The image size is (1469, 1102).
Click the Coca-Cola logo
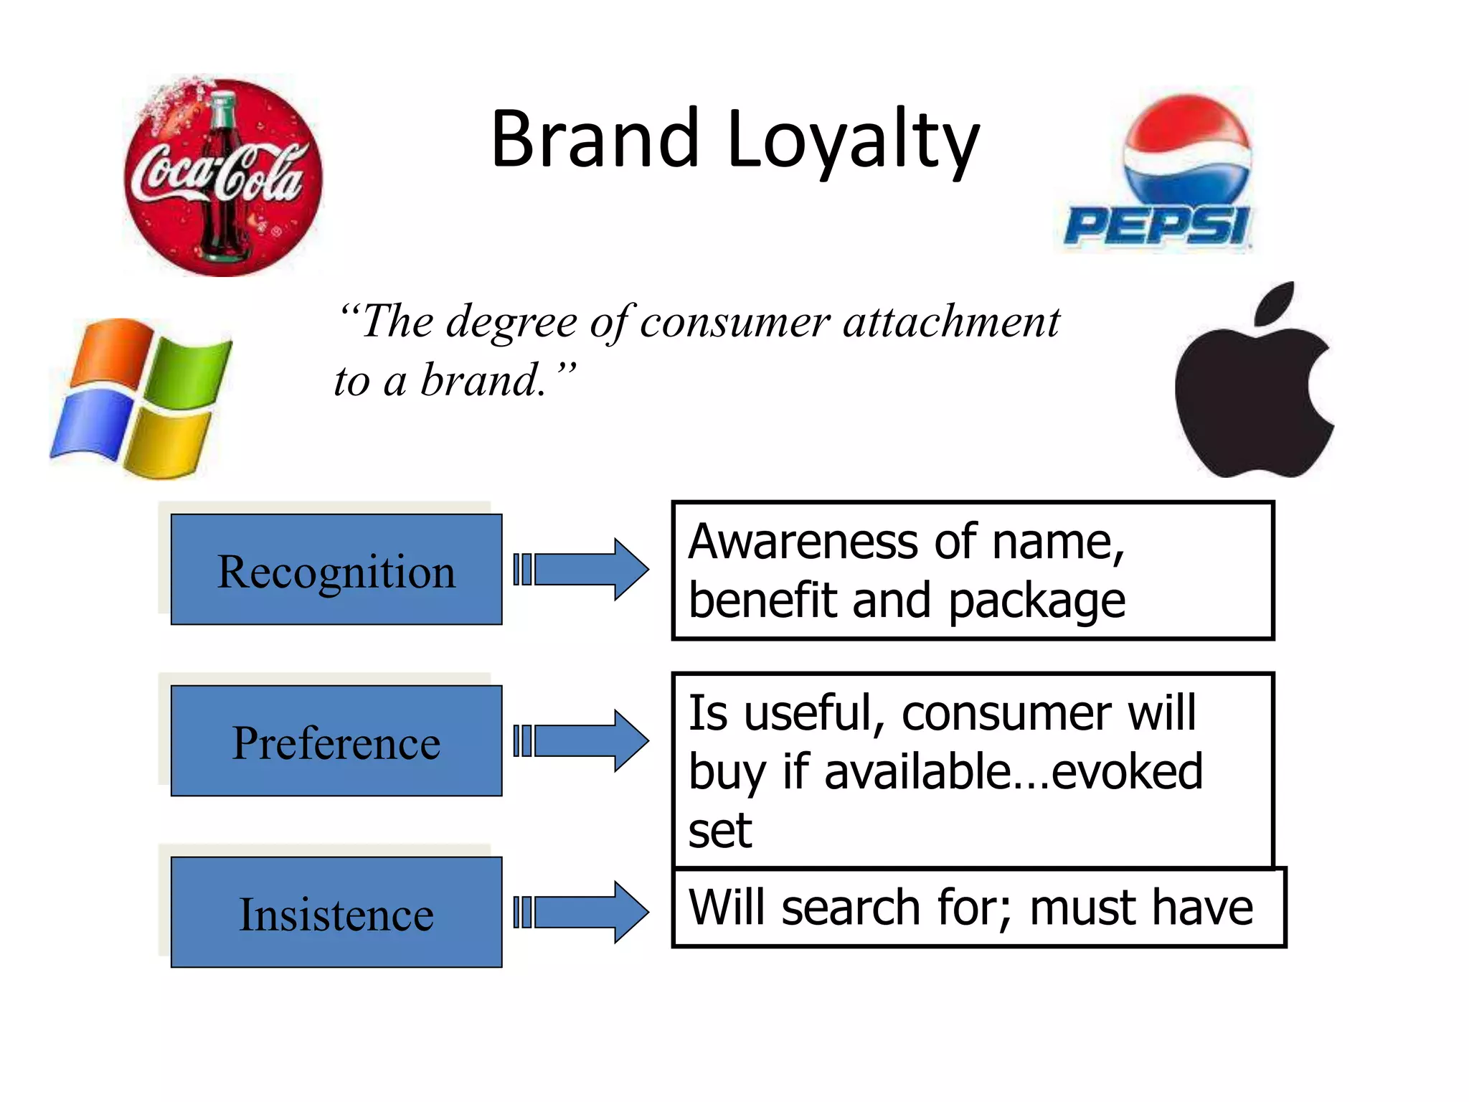[x=223, y=177]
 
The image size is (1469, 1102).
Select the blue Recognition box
[x=336, y=570]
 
